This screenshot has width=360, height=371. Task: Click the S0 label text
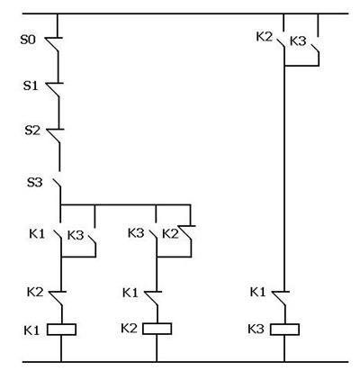28,40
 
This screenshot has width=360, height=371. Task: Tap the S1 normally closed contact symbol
54,89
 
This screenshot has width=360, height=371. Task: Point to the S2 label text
32,131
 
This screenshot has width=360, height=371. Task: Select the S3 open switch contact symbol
57,184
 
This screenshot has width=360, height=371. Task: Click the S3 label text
35,182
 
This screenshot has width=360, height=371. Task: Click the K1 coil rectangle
61,330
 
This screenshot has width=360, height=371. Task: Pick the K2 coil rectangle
157,329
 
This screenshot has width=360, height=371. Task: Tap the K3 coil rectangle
284,330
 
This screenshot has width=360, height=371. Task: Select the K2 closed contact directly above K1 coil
57,298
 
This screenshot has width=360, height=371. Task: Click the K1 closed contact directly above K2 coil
153,298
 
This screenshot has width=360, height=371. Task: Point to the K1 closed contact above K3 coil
280,298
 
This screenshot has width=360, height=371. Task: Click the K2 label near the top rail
264,37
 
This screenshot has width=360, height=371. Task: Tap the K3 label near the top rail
298,41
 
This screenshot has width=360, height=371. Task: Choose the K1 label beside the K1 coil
31,330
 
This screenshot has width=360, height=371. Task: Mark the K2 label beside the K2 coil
129,328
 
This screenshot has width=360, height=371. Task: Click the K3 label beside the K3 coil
256,329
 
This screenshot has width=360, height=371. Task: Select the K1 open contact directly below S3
58,235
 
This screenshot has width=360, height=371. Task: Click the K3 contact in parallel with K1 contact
92,240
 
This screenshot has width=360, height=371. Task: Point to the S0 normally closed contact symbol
53,44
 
